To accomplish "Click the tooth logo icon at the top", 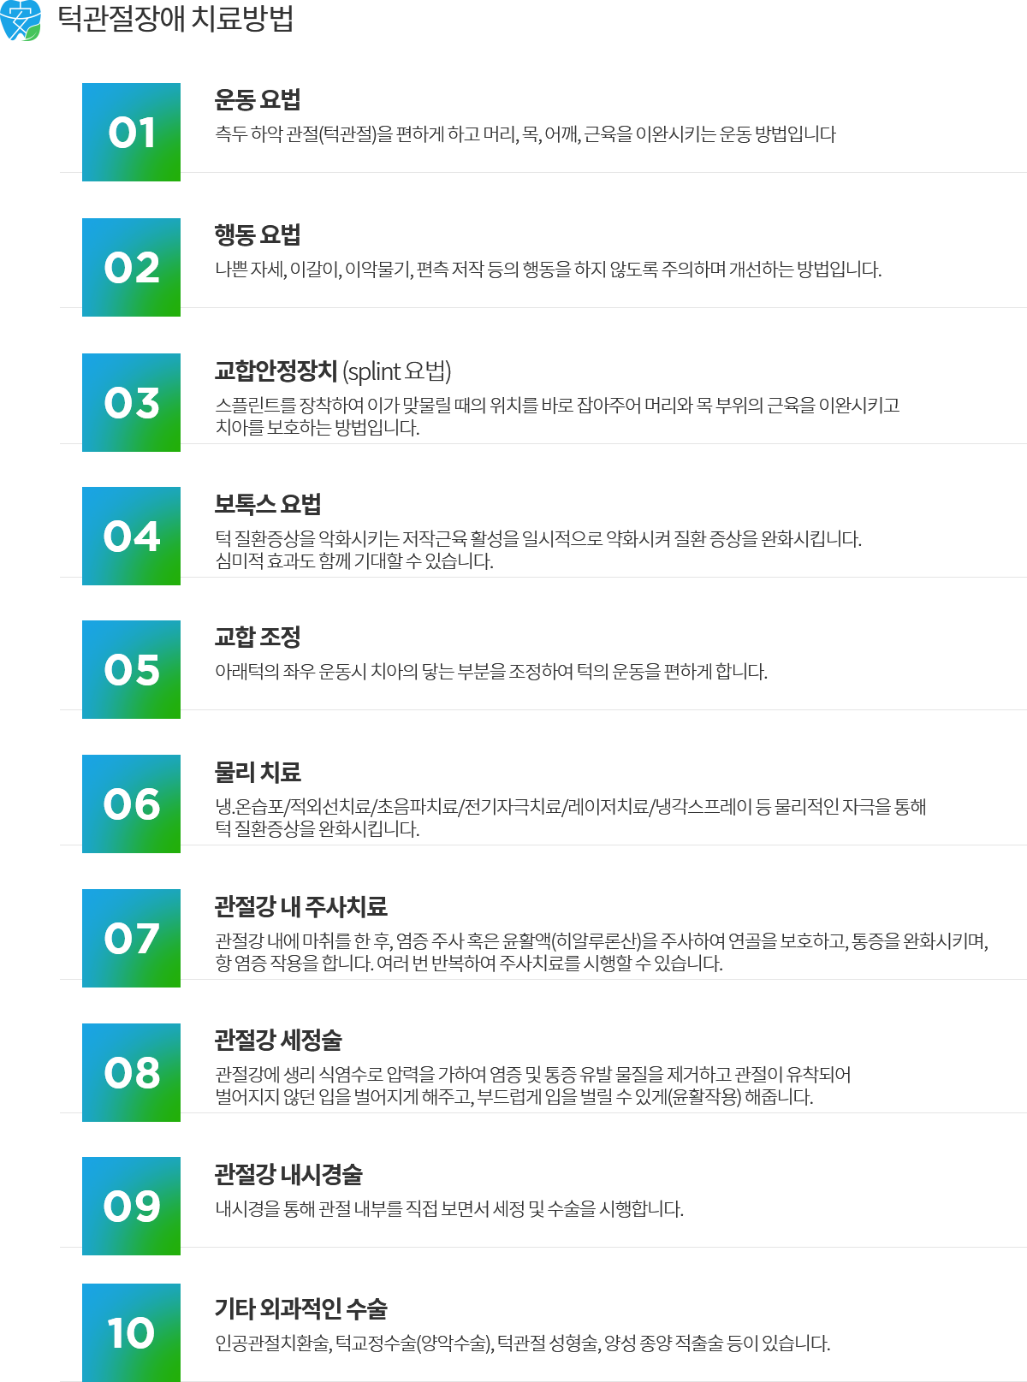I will click(21, 21).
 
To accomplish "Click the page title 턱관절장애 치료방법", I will click(175, 19).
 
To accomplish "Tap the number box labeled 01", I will click(131, 132).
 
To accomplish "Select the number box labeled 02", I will click(131, 267).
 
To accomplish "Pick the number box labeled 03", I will click(131, 402).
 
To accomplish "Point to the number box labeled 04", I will click(131, 536).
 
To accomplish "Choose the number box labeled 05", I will click(131, 669).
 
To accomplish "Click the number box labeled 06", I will click(131, 804).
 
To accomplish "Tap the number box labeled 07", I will click(131, 938).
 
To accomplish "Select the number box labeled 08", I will click(131, 1072).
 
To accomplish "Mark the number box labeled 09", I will click(131, 1206).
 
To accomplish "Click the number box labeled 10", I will click(131, 1332).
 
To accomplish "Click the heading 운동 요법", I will click(258, 100).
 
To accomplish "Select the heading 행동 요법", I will click(258, 235).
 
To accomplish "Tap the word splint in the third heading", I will click(374, 371).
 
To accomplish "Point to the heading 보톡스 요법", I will click(268, 505).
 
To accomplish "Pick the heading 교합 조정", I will click(258, 638).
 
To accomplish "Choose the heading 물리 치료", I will click(258, 773).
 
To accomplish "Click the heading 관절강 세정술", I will click(279, 1041).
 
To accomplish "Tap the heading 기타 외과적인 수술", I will click(301, 1309).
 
